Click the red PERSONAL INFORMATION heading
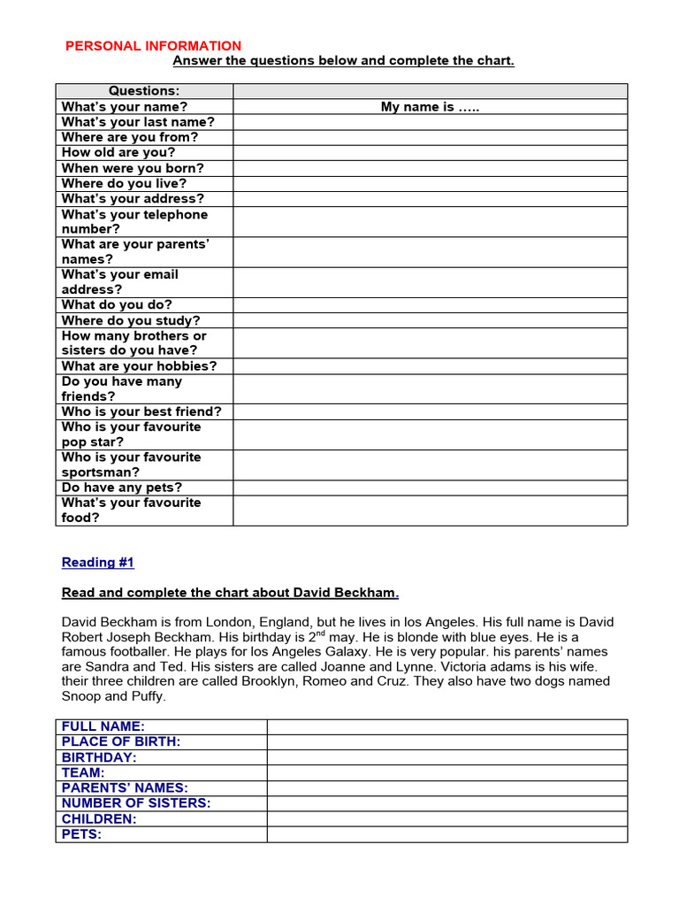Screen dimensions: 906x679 click(x=153, y=46)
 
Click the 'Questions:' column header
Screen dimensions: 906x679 click(x=144, y=91)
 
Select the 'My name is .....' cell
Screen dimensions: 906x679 click(x=430, y=107)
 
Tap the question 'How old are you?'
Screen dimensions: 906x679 click(x=118, y=152)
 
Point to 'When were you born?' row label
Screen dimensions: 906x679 click(x=133, y=168)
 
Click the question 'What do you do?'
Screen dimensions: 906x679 click(x=117, y=305)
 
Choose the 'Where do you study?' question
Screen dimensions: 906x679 click(x=131, y=320)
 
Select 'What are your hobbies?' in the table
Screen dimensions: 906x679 click(x=139, y=366)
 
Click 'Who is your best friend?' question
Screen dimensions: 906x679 click(x=141, y=411)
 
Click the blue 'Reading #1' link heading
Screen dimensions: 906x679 click(x=97, y=563)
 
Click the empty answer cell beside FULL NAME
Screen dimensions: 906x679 click(x=446, y=727)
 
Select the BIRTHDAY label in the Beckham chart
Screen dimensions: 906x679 click(x=99, y=758)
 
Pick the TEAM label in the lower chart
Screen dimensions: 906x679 click(x=83, y=773)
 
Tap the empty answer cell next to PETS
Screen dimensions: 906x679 click(x=446, y=834)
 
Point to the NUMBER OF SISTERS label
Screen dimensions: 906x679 click(x=136, y=803)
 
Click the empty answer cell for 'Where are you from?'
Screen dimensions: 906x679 click(x=430, y=137)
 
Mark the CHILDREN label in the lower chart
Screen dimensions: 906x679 click(x=99, y=819)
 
